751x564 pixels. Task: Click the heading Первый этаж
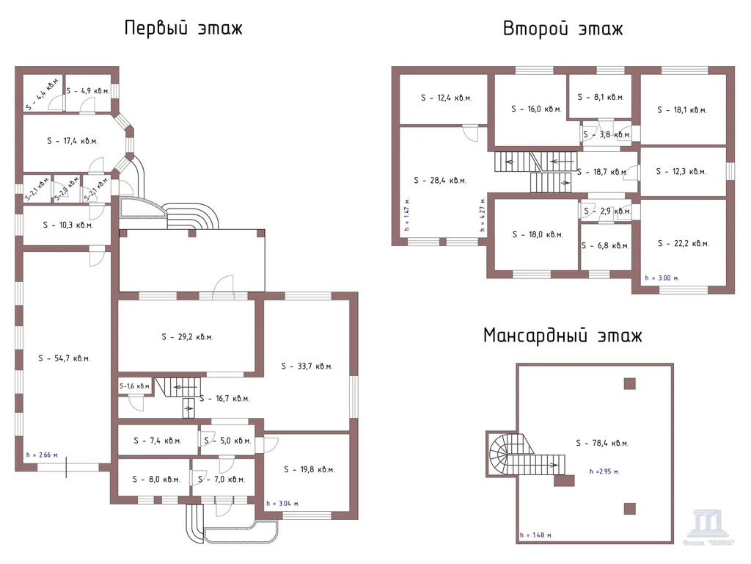pos(183,29)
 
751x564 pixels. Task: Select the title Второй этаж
pos(563,29)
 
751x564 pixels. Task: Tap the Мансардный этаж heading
pos(563,336)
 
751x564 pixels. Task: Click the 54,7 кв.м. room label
pos(64,358)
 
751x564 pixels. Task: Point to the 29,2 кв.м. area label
pos(187,337)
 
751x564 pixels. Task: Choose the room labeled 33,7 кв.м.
pos(307,366)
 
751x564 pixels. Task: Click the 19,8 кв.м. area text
pos(309,469)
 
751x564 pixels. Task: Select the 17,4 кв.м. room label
pos(72,140)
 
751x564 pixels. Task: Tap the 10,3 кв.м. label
pos(67,225)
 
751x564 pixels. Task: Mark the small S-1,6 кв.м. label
pos(135,386)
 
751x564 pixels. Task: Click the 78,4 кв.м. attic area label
pos(602,443)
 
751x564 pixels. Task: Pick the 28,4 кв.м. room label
pos(440,180)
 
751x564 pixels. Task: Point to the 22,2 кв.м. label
pos(684,243)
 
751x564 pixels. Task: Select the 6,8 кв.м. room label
pos(606,246)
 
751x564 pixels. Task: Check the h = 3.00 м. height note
pos(662,278)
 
